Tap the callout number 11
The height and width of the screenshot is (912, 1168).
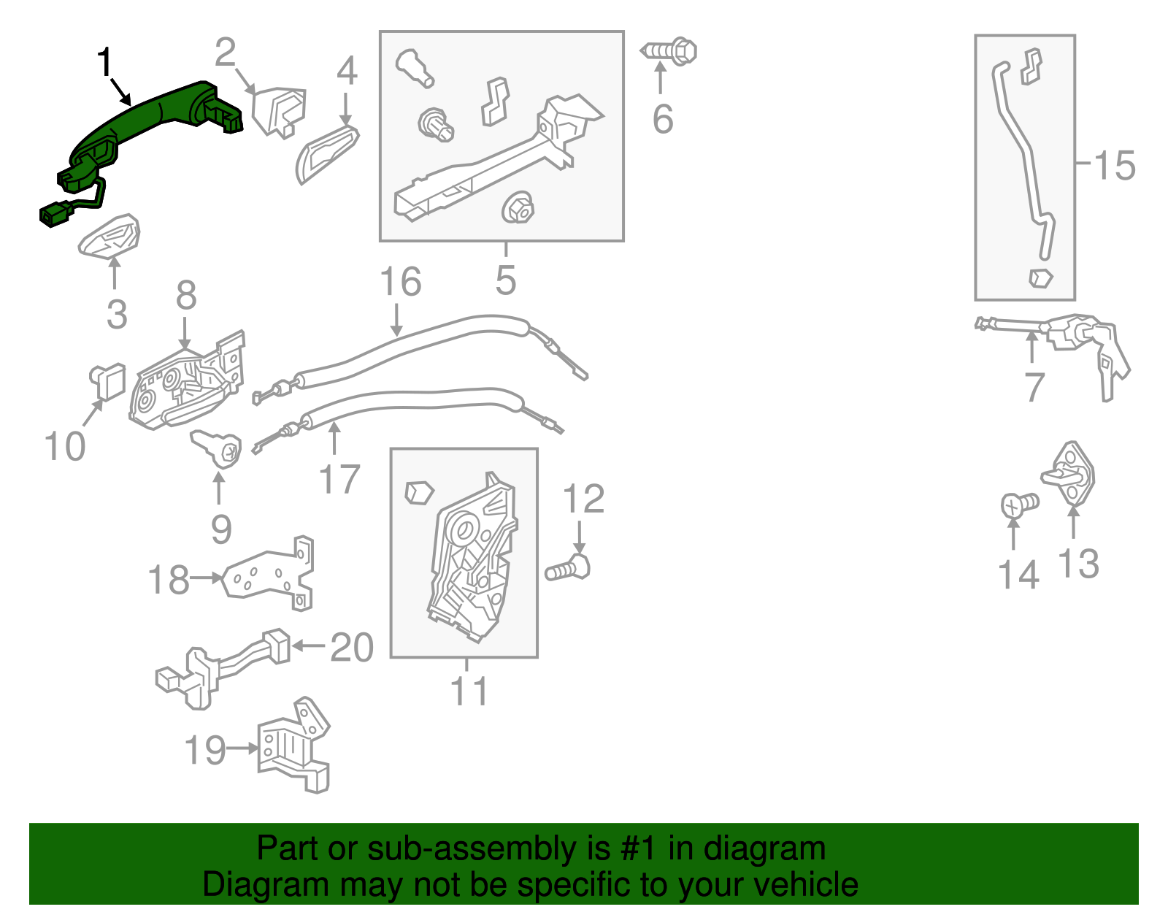point(468,691)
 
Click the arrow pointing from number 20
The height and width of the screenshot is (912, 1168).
point(307,645)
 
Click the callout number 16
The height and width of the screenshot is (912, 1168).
point(401,282)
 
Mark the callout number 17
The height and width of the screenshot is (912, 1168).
point(340,480)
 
